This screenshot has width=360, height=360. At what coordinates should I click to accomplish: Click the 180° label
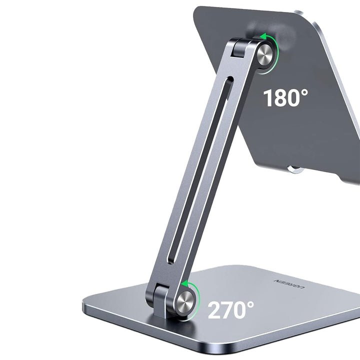(286, 98)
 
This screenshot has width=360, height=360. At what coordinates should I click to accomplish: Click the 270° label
(230, 309)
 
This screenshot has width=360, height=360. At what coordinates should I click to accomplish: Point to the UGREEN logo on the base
(290, 284)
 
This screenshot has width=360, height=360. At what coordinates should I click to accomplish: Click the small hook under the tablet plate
(295, 169)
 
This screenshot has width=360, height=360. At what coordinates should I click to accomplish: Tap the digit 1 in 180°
(268, 98)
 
